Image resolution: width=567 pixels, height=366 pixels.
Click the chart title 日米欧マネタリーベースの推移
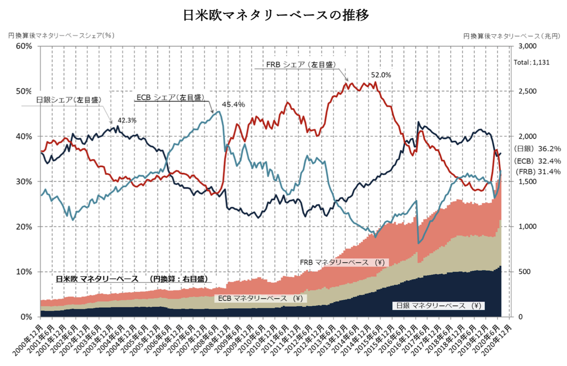click(276, 15)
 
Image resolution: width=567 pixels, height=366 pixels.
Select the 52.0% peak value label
click(381, 75)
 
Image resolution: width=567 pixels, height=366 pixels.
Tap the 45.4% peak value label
click(233, 105)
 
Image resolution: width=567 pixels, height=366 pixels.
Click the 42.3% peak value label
click(127, 120)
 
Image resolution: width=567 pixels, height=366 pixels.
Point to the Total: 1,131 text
click(532, 62)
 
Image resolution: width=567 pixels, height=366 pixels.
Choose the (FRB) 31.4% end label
click(538, 171)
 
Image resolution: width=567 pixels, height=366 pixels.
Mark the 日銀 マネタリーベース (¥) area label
click(438, 305)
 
